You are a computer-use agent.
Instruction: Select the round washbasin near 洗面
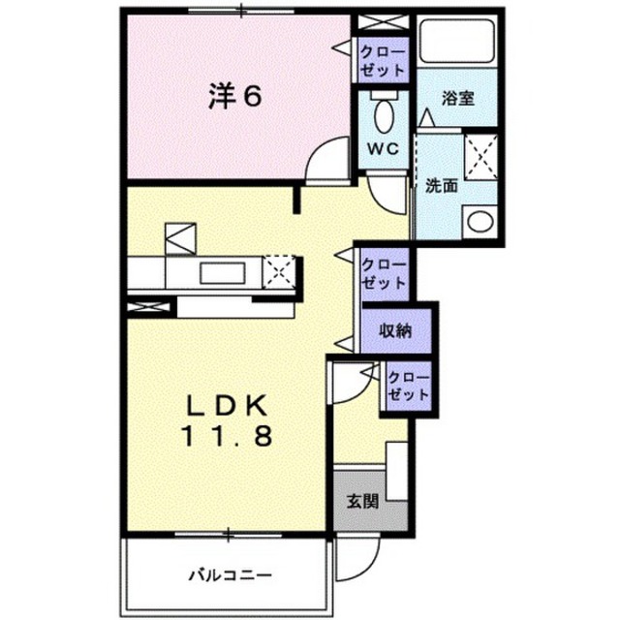pos(480,222)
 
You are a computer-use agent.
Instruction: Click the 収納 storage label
pos(396,329)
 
